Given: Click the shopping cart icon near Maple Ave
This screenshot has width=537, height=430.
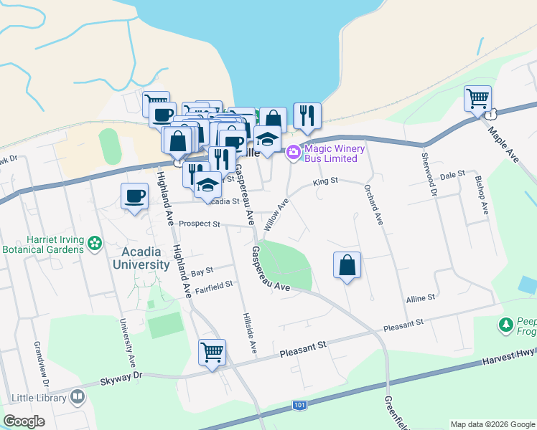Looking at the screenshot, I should (477, 98).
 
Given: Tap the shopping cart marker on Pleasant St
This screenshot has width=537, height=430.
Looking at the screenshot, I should (213, 353).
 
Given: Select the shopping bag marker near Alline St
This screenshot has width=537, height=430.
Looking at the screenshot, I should (347, 265).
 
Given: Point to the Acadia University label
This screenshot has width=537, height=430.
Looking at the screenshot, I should (141, 258).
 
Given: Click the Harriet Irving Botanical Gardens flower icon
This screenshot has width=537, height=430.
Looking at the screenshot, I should (94, 244).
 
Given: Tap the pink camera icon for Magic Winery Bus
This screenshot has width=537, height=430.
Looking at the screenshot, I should (293, 153).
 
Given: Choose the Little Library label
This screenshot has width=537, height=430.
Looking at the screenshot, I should (39, 397).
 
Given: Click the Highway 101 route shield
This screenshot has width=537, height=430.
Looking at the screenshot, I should (299, 406).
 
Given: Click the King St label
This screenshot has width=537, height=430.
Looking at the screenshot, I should (324, 182).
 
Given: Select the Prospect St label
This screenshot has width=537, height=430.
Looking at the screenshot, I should (199, 224).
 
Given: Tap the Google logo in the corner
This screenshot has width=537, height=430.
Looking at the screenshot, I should (24, 421).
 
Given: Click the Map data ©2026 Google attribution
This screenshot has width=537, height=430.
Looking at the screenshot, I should (492, 424).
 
